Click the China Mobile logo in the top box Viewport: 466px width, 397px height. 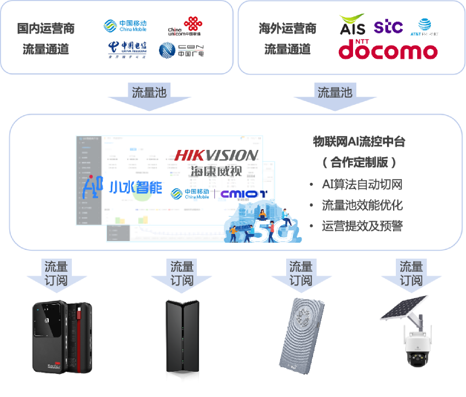(125, 26)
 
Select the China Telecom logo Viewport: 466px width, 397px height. (127, 50)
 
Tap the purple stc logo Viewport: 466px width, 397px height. (388, 26)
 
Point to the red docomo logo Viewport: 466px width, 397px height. (388, 50)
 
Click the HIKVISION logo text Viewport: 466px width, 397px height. (216, 155)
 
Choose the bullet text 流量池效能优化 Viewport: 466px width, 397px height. (362, 205)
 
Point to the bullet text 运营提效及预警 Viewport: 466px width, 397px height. (362, 226)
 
